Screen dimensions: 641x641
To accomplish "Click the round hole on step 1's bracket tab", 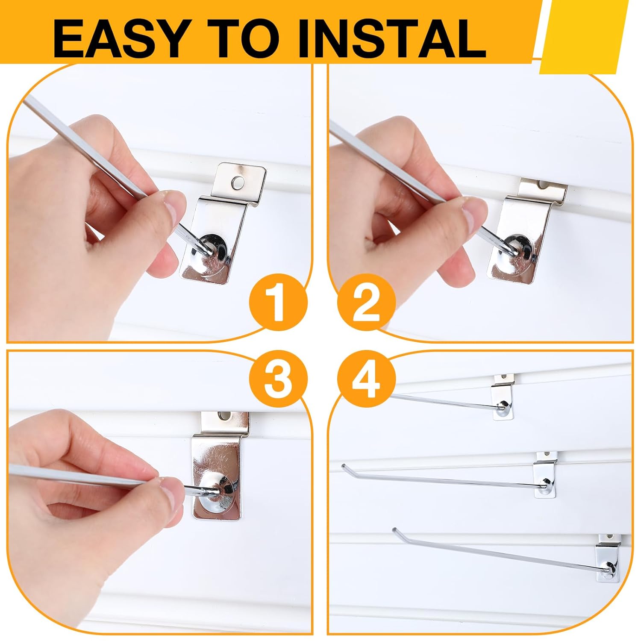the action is [x=235, y=183].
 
